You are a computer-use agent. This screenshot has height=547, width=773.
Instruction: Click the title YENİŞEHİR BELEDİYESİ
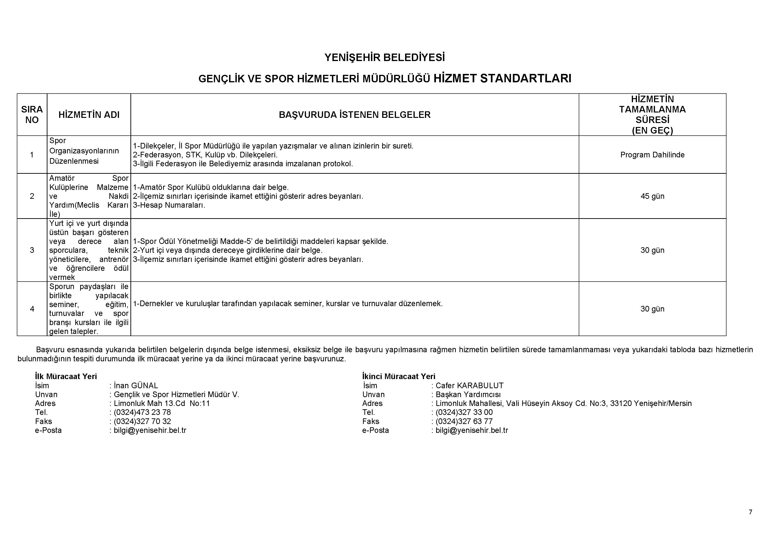[385, 58]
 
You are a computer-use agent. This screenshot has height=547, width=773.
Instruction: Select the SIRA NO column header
[32, 115]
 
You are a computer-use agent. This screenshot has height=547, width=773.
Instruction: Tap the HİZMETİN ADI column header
[89, 115]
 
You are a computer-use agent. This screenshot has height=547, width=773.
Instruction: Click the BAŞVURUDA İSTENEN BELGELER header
[355, 115]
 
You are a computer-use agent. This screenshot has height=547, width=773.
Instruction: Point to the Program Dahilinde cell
[652, 155]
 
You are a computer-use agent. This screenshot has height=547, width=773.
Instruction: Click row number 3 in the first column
[32, 250]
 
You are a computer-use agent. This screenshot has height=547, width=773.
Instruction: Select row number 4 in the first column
[32, 309]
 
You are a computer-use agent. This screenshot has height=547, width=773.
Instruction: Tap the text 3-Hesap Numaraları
[169, 205]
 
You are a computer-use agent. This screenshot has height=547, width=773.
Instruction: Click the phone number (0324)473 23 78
[142, 412]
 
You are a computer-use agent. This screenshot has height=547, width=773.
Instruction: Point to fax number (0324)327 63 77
[464, 421]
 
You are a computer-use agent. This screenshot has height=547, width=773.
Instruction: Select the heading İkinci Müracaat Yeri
[399, 377]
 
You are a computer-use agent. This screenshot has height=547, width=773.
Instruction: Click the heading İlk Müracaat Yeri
[66, 377]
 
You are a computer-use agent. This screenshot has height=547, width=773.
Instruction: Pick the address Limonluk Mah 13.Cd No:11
[162, 403]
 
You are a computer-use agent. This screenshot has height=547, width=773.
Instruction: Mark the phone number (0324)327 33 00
[464, 412]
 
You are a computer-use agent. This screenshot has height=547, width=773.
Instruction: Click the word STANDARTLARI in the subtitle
[525, 79]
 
